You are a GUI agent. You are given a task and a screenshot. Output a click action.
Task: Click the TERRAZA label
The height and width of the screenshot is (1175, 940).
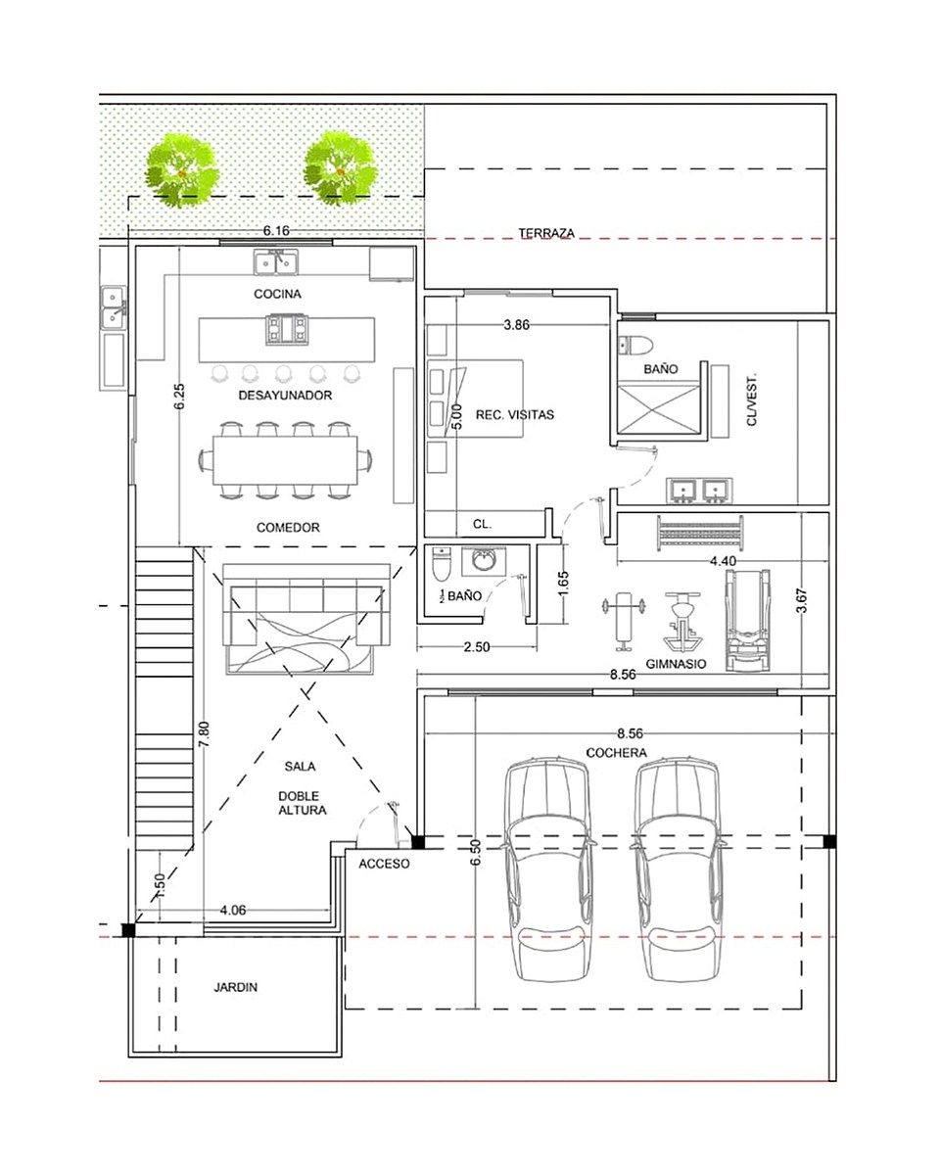(546, 233)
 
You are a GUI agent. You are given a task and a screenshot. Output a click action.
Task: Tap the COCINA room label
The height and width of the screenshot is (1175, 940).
(277, 294)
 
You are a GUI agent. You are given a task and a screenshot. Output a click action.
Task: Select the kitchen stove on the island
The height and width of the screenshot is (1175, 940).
(287, 329)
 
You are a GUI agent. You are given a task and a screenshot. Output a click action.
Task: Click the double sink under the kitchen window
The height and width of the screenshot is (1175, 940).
(276, 263)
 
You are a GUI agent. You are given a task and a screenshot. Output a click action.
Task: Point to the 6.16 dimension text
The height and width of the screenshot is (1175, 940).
(276, 230)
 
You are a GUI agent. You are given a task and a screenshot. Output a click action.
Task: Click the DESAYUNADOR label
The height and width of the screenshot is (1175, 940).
(285, 395)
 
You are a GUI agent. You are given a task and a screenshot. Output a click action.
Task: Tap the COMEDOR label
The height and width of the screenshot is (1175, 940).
(288, 527)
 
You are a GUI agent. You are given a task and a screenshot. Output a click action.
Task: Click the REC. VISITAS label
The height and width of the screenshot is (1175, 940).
(514, 414)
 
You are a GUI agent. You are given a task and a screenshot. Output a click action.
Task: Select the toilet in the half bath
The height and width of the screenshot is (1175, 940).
(441, 564)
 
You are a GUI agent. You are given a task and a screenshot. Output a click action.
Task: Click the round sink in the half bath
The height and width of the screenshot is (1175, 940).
(484, 560)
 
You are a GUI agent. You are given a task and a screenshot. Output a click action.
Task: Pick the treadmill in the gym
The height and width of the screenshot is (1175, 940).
(747, 620)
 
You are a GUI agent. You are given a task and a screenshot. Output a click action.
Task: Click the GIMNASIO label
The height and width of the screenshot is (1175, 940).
(676, 664)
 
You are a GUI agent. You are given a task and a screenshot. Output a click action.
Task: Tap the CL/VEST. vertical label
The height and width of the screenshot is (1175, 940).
(752, 399)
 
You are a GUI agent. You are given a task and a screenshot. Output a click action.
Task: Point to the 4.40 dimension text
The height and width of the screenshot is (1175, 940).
(723, 561)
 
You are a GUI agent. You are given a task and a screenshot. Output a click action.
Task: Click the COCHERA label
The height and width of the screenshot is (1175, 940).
(616, 752)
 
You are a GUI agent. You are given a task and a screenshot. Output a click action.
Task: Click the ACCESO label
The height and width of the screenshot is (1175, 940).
(384, 864)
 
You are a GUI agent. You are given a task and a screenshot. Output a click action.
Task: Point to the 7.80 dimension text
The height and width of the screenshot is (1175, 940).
(204, 735)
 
